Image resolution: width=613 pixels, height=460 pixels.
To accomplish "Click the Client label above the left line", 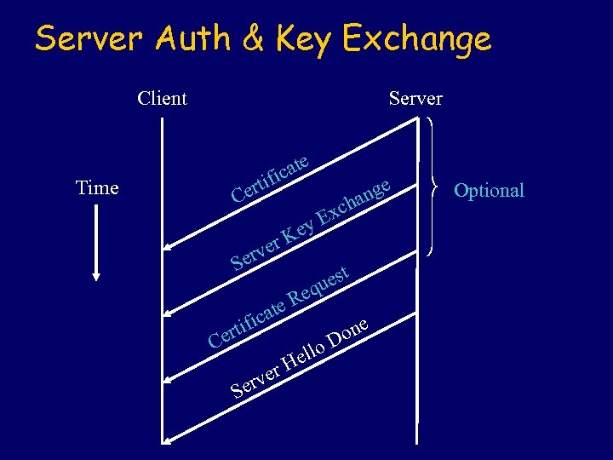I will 162,98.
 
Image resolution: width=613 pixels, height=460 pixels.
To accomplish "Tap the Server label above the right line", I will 415,98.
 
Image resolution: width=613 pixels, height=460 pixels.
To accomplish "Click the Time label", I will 97,187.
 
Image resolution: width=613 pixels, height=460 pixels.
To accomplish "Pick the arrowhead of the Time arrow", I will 96,274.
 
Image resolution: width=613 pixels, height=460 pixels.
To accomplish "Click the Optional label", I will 489,190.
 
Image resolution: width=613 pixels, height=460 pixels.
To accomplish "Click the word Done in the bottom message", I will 349,333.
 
